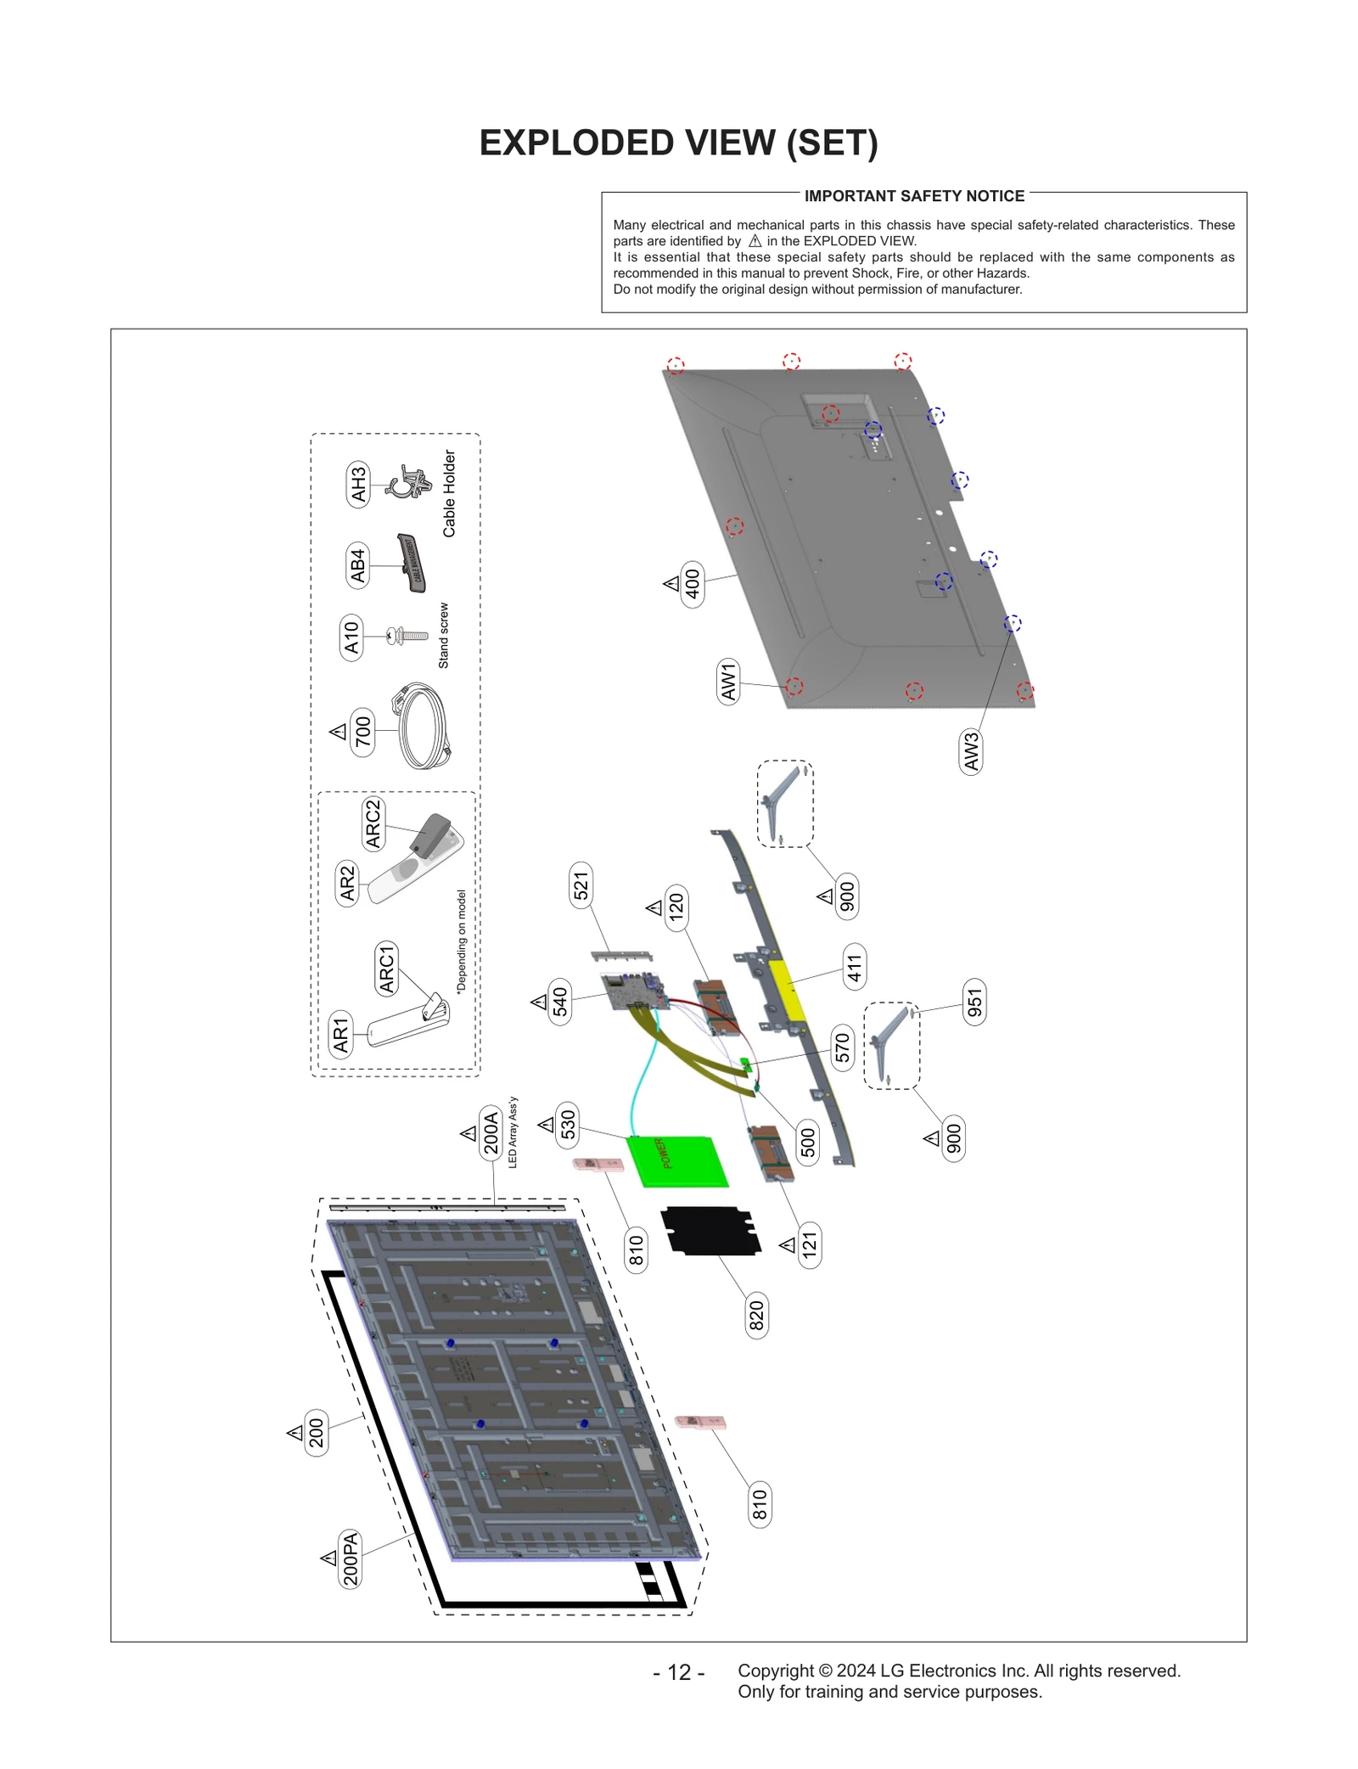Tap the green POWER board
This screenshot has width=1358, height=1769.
click(x=676, y=1160)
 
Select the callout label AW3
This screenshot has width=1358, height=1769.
click(x=971, y=750)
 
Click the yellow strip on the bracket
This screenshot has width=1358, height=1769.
click(x=787, y=990)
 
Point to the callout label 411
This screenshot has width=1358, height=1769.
click(x=854, y=967)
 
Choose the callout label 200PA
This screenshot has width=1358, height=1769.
click(x=350, y=1558)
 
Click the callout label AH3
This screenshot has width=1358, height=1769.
click(x=358, y=485)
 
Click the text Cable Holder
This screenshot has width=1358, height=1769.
click(x=449, y=493)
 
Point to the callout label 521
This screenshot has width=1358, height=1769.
click(x=581, y=885)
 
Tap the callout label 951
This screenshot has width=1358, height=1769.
click(x=974, y=1002)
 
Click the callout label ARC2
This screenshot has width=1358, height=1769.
click(x=373, y=823)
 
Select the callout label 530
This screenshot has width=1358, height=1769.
click(x=568, y=1124)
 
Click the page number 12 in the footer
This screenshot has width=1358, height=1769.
click(x=679, y=1671)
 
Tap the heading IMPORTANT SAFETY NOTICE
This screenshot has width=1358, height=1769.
click(x=914, y=196)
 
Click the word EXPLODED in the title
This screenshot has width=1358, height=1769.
click(x=576, y=143)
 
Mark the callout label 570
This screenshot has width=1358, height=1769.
click(x=842, y=1047)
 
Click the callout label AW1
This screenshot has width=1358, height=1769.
click(x=728, y=682)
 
